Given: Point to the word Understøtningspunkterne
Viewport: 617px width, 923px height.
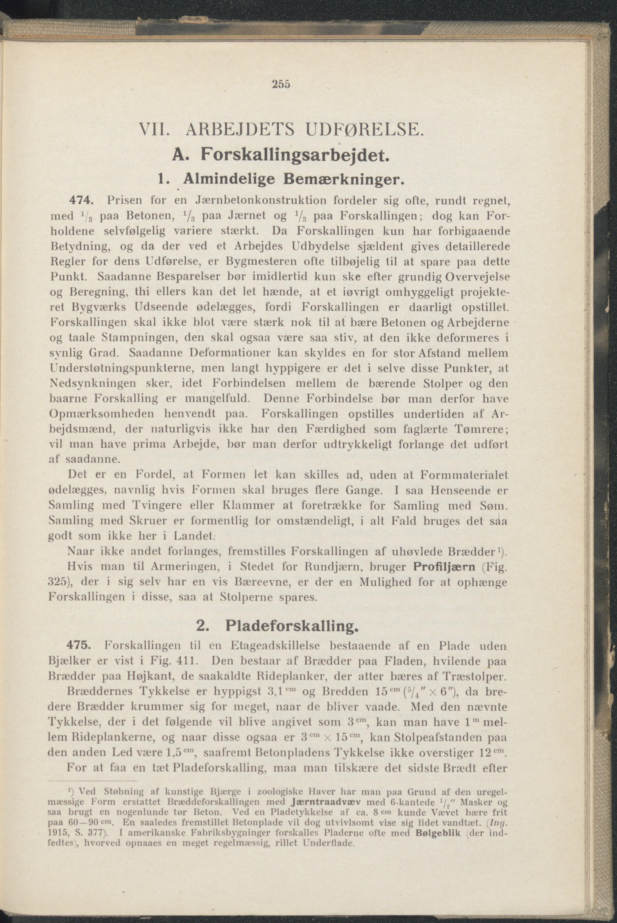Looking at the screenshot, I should (122, 368).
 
